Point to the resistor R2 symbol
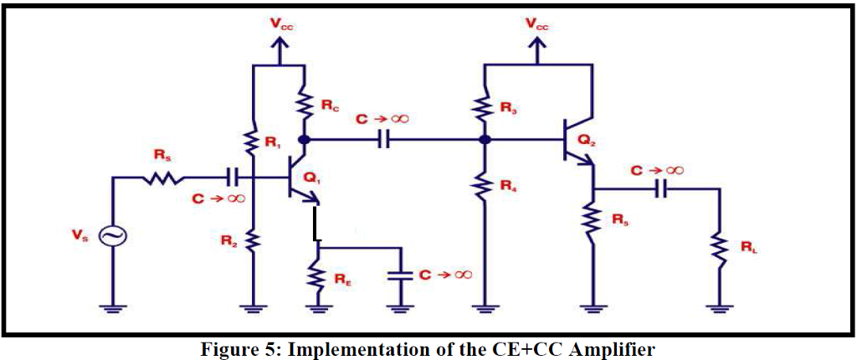click(x=252, y=241)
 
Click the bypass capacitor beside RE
click(x=400, y=275)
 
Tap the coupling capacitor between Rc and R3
click(x=384, y=140)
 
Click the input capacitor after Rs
click(x=231, y=177)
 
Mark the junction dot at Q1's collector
click(x=305, y=140)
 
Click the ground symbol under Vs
click(x=111, y=308)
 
